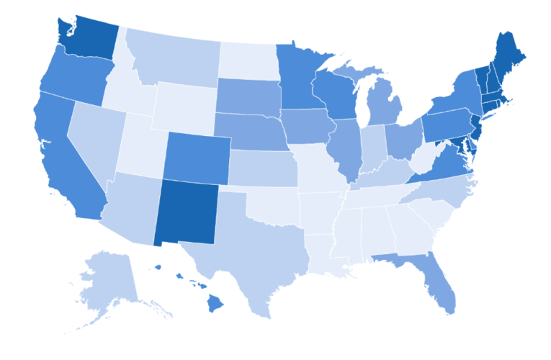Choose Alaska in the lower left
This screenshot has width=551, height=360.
[108, 284]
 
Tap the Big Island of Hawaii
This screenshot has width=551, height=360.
[215, 303]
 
